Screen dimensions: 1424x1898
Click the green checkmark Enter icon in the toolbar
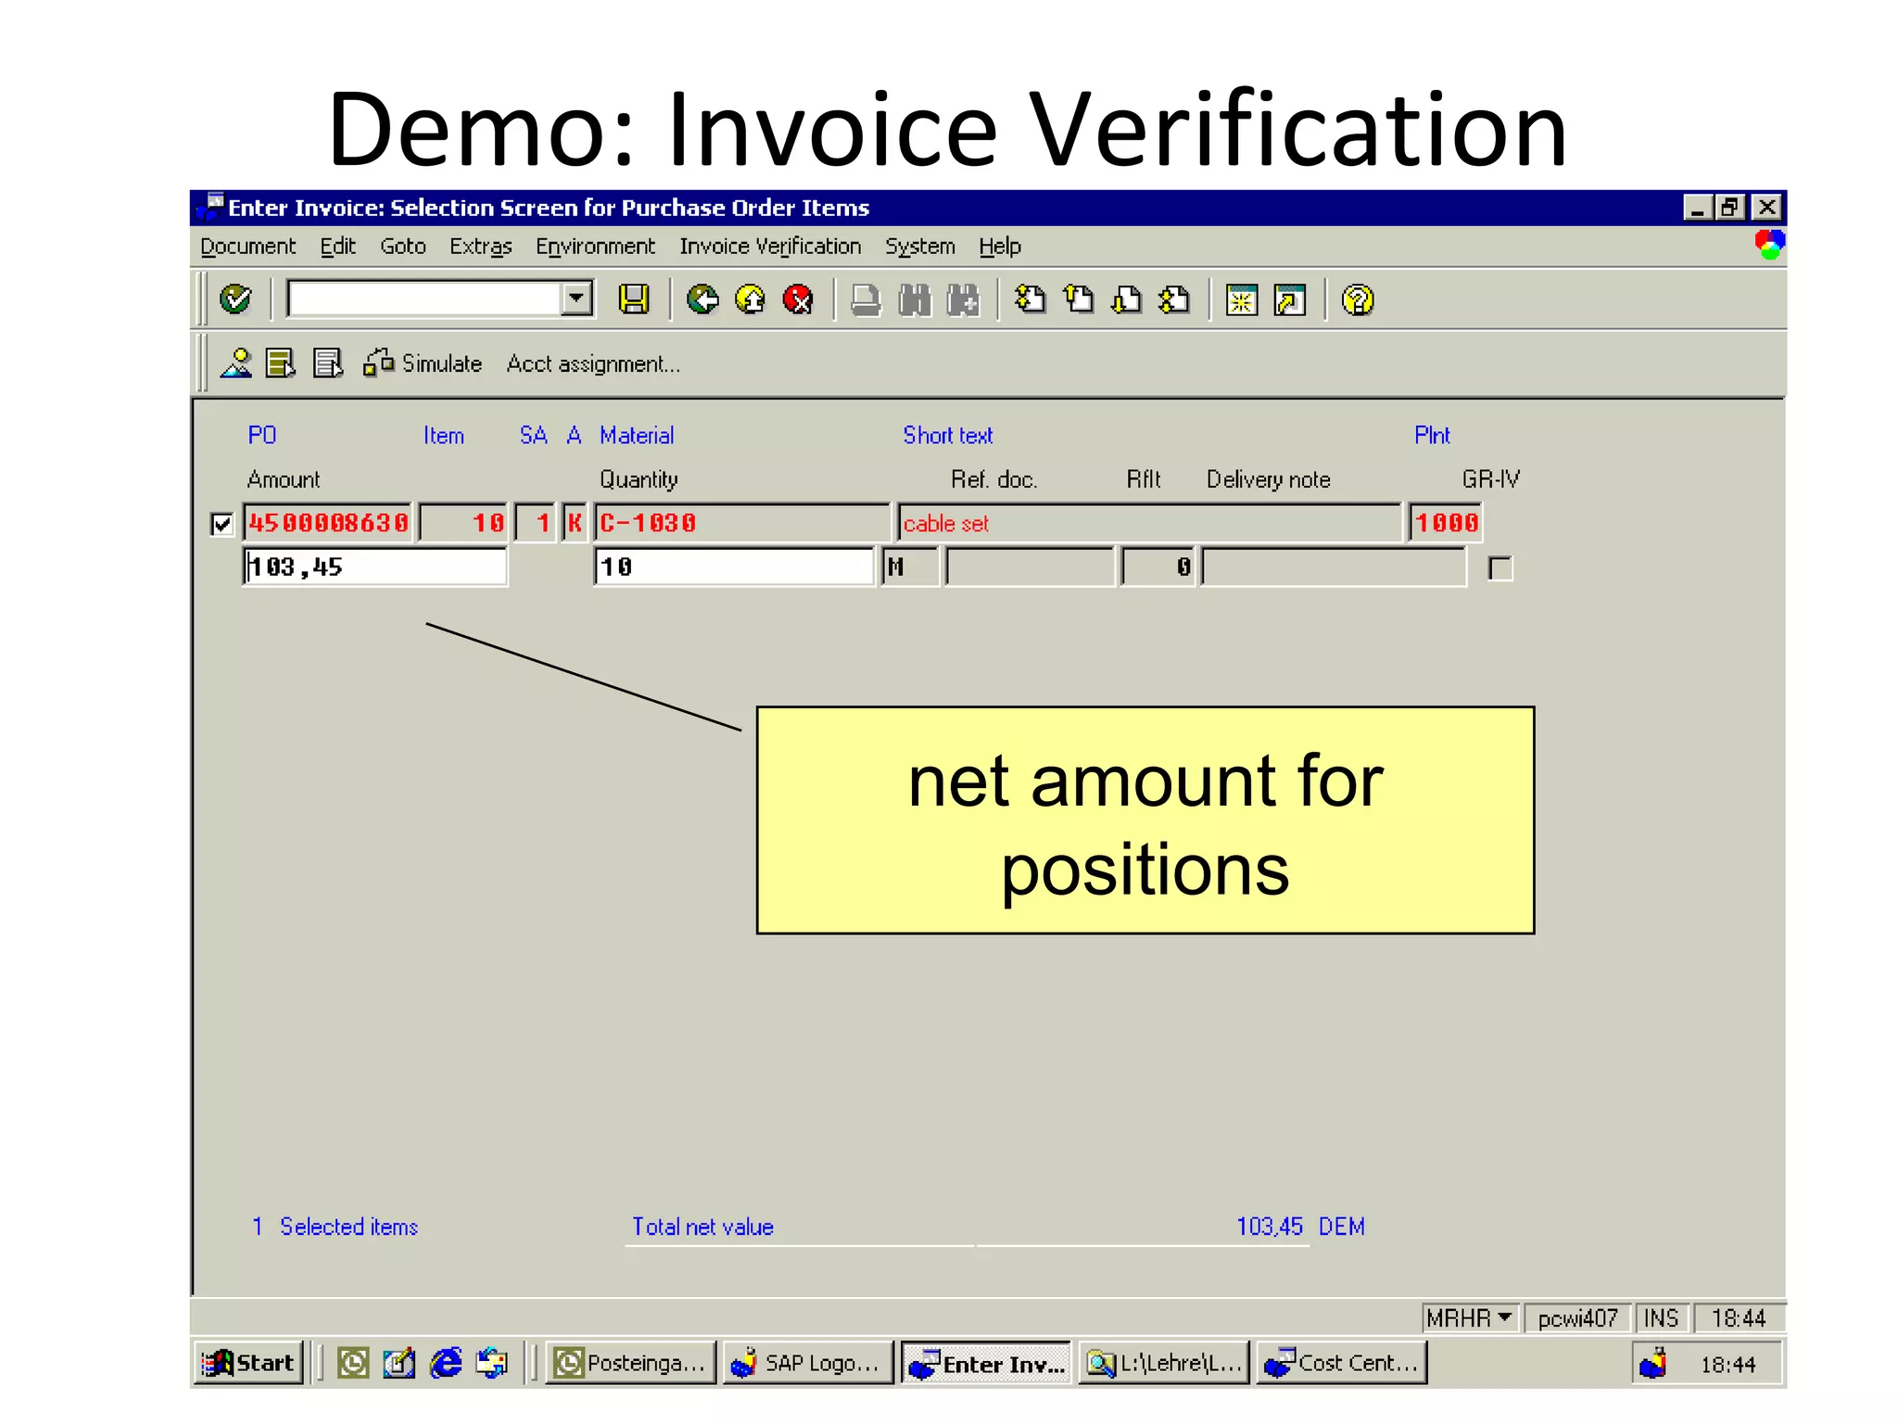point(235,299)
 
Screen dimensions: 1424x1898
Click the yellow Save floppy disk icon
point(634,299)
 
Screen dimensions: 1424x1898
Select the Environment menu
point(594,247)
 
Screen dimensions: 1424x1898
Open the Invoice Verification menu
point(769,247)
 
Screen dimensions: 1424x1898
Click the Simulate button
point(424,363)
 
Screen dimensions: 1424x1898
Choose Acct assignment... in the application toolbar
point(593,364)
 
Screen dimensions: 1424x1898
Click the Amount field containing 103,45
point(374,566)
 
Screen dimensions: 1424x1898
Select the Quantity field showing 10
point(733,566)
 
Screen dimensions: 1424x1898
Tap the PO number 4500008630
point(328,523)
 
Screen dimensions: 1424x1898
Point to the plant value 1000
point(1445,523)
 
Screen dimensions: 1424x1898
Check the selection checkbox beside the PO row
point(221,525)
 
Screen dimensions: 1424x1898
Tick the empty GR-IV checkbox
point(1499,568)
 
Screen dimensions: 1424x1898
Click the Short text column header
point(947,436)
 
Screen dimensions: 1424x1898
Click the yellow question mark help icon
point(1357,300)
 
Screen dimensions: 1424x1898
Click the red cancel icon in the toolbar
point(797,299)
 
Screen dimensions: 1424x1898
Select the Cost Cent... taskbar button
point(1341,1363)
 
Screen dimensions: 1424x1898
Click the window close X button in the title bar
point(1767,208)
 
